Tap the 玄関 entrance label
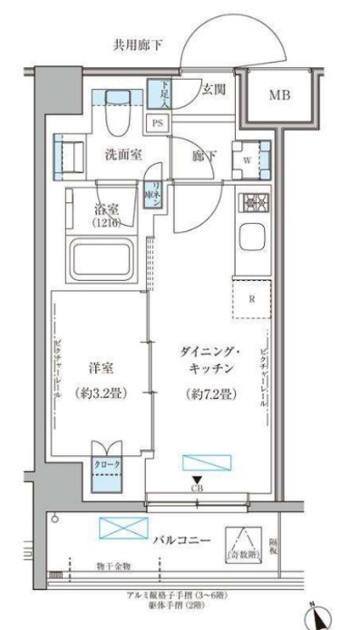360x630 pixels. pos(213,89)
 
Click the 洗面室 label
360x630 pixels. pos(122,154)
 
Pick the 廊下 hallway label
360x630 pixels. pos(203,155)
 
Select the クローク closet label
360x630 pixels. pos(107,464)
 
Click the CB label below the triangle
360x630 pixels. pos(197,489)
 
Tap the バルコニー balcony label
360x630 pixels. pos(182,540)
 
